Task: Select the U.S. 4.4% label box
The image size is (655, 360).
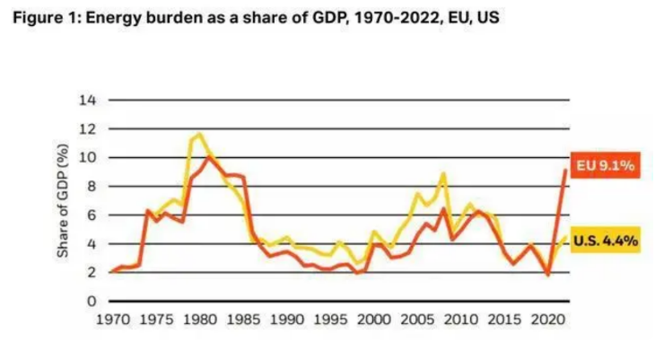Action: click(605, 241)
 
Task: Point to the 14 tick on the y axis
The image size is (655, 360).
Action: click(88, 99)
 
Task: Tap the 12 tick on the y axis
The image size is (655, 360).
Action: click(88, 128)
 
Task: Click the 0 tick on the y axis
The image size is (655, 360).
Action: click(92, 302)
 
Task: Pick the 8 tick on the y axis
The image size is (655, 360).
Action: click(92, 186)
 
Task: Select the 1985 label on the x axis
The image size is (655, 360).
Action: click(242, 319)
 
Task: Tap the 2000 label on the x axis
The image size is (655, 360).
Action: click(374, 319)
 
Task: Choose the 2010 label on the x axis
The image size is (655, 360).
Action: click(461, 319)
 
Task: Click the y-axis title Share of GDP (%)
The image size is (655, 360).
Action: click(64, 199)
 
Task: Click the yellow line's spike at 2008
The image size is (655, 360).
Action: click(443, 173)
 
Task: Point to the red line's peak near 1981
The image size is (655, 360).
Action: click(208, 156)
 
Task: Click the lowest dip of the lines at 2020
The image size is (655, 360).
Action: click(547, 275)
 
